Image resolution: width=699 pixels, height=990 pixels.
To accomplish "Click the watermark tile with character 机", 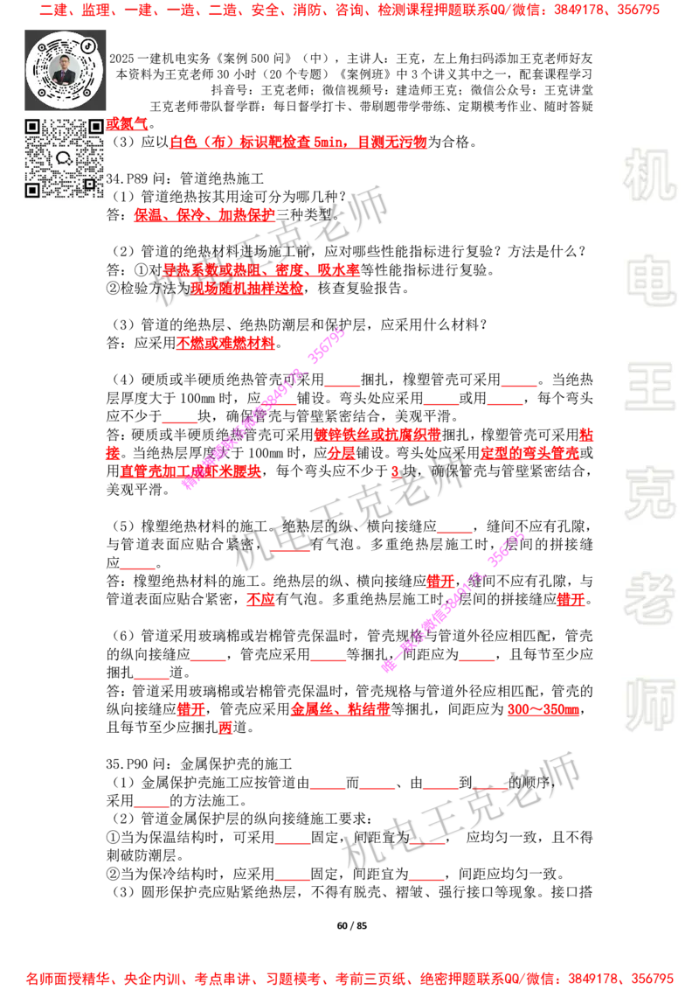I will [649, 175].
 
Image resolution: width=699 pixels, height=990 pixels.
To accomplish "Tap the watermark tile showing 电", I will [653, 280].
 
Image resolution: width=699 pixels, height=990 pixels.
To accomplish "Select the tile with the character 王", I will [649, 387].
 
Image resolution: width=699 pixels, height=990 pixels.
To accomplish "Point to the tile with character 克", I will [649, 492].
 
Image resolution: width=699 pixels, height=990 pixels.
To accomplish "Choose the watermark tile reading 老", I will [649, 597].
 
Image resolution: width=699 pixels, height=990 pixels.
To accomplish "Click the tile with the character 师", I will [649, 706].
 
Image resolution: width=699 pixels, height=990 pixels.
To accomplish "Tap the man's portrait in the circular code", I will [65, 70].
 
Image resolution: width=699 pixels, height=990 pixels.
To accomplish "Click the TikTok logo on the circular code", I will [89, 46].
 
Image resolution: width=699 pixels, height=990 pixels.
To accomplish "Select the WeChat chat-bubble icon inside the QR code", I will [64, 158].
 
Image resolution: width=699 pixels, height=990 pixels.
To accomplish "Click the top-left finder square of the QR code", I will [33, 126].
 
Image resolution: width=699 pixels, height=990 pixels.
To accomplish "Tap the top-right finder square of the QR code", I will [96, 126].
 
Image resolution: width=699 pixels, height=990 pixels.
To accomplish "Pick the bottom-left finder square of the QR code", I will [33, 189].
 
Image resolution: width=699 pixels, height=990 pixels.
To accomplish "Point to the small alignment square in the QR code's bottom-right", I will [89, 183].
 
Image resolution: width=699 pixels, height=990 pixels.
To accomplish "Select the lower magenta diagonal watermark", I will [454, 601].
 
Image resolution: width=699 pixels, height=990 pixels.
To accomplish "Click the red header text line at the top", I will [349, 11].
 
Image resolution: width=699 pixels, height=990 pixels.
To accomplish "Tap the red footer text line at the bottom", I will [349, 979].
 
